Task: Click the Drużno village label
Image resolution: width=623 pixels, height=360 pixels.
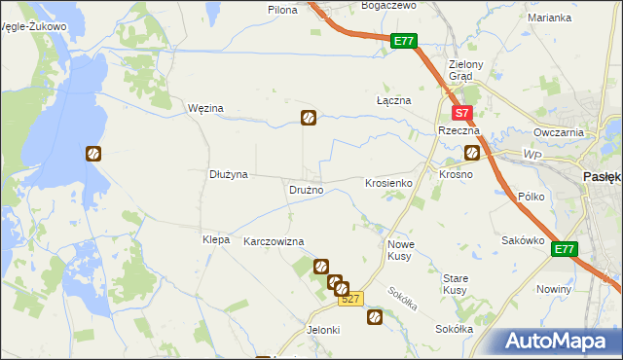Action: [x=306, y=190]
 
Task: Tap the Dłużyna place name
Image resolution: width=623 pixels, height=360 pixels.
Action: [x=230, y=174]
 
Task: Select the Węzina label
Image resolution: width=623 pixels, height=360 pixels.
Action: [x=205, y=108]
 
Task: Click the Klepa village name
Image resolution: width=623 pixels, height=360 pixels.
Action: [x=215, y=239]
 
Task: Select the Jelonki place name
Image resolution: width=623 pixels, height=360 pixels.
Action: [x=322, y=330]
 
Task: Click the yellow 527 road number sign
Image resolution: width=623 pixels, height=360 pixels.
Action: [x=351, y=300]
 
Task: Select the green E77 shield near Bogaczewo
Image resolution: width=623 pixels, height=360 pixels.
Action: [x=405, y=41]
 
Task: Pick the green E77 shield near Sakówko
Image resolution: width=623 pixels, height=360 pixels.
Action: [x=565, y=250]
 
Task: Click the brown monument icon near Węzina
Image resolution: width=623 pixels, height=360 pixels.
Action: [x=308, y=119]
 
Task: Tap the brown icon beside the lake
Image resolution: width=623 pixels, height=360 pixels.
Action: [x=93, y=153]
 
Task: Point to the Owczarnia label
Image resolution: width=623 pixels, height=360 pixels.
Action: [x=558, y=132]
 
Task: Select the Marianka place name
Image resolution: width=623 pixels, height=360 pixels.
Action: [x=549, y=18]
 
